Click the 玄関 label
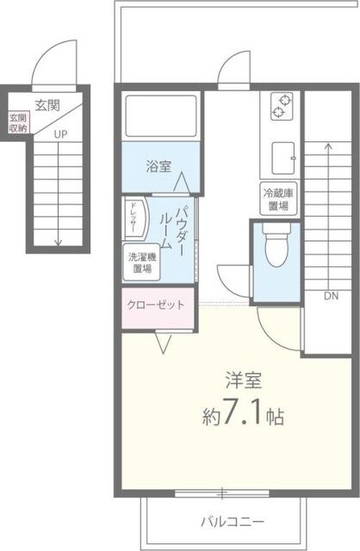[47, 105]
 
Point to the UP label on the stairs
[59, 134]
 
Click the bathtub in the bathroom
[160, 116]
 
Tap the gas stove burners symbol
[282, 107]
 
